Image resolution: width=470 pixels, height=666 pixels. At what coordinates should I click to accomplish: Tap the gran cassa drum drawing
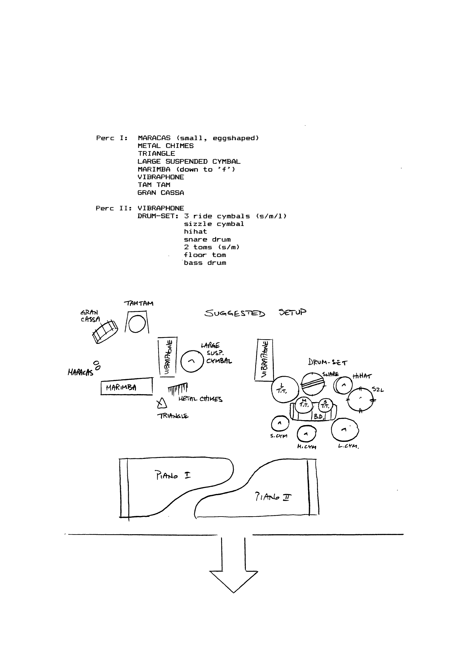tap(105, 331)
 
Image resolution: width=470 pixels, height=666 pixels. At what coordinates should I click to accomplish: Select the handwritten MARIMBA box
tap(127, 386)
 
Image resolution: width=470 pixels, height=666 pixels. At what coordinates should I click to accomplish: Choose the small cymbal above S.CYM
tap(279, 423)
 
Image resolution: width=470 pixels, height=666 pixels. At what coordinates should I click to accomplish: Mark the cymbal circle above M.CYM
tap(306, 434)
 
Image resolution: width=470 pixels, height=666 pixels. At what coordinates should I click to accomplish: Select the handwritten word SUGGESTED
tap(235, 313)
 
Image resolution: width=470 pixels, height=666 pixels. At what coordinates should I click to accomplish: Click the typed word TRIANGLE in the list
tap(156, 154)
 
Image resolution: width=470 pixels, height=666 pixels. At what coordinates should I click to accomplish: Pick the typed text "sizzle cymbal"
tap(214, 224)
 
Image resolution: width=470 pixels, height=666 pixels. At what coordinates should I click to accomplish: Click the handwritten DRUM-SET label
tap(328, 362)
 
